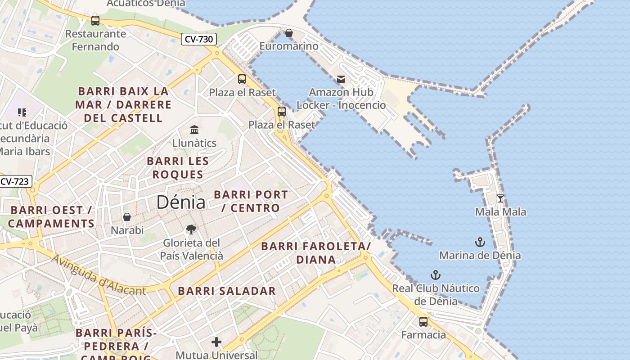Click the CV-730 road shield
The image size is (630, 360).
[199, 39]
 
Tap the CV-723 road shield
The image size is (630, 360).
[15, 182]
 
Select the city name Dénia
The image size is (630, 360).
[181, 202]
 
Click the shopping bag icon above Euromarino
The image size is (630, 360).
[289, 33]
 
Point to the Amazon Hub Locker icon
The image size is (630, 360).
[341, 79]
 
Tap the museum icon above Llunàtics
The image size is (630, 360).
[194, 130]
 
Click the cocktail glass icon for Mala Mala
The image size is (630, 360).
[500, 198]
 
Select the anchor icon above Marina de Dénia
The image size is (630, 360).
[480, 242]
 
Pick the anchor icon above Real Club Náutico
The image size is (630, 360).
[435, 274]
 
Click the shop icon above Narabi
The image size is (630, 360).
[127, 217]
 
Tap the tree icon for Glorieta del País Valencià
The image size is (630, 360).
[191, 229]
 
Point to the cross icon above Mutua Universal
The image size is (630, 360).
[216, 342]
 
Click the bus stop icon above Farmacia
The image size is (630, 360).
[423, 321]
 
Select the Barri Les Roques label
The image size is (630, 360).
[178, 168]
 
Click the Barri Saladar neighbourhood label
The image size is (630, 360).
[227, 291]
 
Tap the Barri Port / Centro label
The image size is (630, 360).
[251, 201]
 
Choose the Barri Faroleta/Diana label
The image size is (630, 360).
[316, 252]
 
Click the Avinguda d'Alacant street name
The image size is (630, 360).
[99, 275]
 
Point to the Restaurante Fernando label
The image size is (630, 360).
[95, 40]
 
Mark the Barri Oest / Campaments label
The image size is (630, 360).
[51, 216]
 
